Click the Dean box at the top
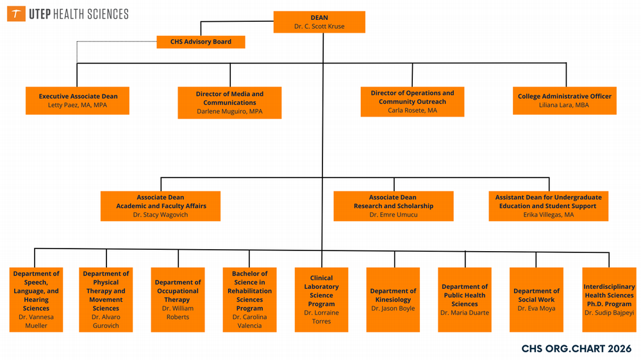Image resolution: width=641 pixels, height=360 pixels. pyautogui.click(x=319, y=22)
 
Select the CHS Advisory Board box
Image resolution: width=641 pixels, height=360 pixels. pyautogui.click(x=201, y=42)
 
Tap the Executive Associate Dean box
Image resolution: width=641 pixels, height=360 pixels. pyautogui.click(x=78, y=101)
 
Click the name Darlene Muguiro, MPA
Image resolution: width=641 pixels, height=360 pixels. pyautogui.click(x=229, y=111)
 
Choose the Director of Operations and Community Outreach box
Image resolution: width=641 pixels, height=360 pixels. pyautogui.click(x=412, y=102)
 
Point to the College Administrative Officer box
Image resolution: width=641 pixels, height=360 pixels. pyautogui.click(x=564, y=101)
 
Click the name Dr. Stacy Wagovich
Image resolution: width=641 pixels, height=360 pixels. pyautogui.click(x=161, y=215)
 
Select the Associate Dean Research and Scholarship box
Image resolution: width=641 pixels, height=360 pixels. pyautogui.click(x=393, y=206)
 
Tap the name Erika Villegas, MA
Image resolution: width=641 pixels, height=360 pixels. pyautogui.click(x=548, y=215)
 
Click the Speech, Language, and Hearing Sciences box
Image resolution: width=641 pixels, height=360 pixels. pyautogui.click(x=37, y=299)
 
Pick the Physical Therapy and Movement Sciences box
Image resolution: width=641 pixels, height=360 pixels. pyautogui.click(x=106, y=299)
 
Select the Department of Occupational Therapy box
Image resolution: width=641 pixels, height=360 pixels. pyautogui.click(x=178, y=299)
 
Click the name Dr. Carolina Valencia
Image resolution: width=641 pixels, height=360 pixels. pyautogui.click(x=249, y=321)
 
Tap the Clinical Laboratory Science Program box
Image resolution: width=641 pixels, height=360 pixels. pyautogui.click(x=321, y=299)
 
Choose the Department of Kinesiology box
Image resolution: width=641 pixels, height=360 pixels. pyautogui.click(x=393, y=299)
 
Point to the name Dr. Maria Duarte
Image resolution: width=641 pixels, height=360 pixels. pyautogui.click(x=465, y=313)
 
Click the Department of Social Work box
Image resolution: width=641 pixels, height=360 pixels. pyautogui.click(x=537, y=299)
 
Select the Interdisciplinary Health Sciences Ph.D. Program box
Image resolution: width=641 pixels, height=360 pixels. pyautogui.click(x=608, y=299)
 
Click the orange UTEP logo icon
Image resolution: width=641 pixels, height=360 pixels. pyautogui.click(x=16, y=14)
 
